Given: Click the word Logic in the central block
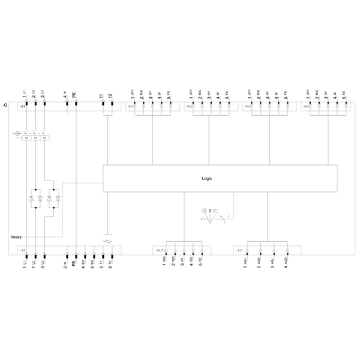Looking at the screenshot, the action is (206, 178).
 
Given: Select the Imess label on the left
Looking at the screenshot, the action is (16, 236).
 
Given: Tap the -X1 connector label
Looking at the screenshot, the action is (22, 106).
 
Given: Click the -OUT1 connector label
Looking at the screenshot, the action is (160, 249).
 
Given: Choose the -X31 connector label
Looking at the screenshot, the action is (239, 249).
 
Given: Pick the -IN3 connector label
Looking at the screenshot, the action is (247, 107).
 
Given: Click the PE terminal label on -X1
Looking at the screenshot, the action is (75, 95).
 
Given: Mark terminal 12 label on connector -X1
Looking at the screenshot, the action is (110, 95).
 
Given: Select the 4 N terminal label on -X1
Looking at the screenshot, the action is (65, 94).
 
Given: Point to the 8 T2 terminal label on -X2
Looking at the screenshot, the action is (110, 263).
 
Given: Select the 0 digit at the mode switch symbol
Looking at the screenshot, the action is (209, 211).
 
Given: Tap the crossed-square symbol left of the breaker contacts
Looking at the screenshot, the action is (17, 133).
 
